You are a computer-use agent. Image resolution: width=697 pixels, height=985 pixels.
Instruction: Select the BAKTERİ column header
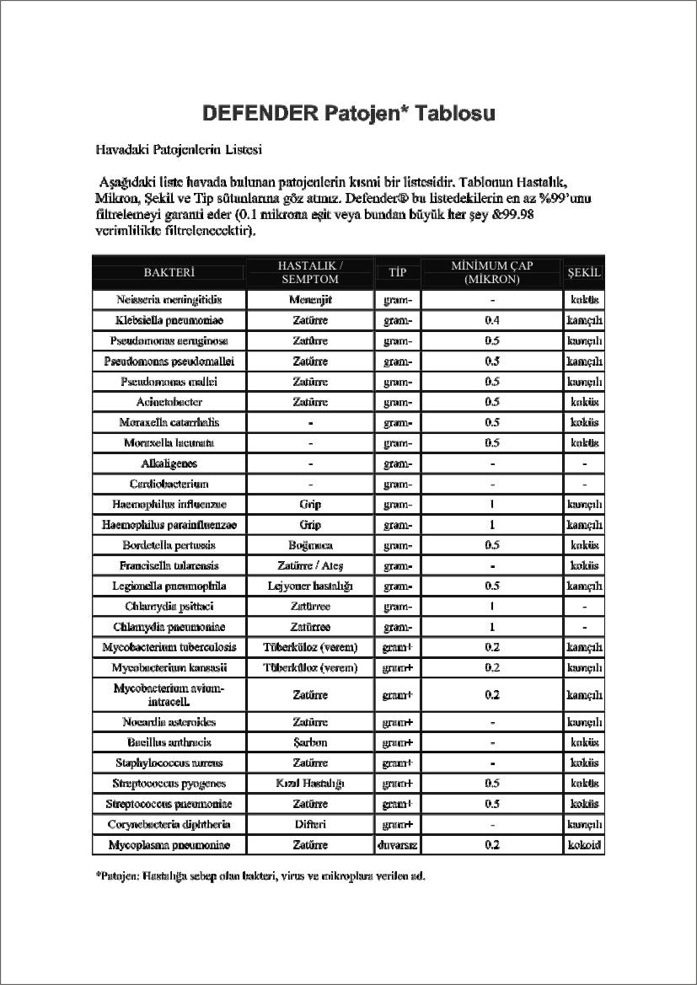(x=169, y=272)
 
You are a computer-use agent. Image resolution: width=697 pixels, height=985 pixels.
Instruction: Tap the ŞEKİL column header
(x=584, y=272)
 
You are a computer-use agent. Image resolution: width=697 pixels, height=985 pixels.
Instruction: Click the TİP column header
(x=397, y=272)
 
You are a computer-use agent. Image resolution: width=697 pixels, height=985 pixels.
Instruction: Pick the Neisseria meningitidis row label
(x=169, y=300)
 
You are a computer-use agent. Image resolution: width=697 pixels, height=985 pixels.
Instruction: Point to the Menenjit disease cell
(x=310, y=300)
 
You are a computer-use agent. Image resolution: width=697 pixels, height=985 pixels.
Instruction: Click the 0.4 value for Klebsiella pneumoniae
(x=492, y=321)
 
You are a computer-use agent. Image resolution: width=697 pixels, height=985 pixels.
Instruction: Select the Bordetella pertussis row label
(x=169, y=545)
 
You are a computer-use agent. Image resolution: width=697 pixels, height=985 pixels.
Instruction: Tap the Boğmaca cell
(x=310, y=545)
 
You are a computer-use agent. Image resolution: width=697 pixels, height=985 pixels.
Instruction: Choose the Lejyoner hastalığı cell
(x=310, y=586)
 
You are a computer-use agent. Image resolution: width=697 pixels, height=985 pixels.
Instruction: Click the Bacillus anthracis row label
(x=169, y=742)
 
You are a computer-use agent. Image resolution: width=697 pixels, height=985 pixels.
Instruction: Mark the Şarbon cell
(x=310, y=742)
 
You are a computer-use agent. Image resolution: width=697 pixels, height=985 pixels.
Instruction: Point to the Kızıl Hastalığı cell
(x=310, y=784)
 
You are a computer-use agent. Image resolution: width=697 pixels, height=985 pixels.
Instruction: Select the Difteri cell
(x=310, y=824)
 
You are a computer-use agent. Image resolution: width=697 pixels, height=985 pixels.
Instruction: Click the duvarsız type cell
(x=397, y=844)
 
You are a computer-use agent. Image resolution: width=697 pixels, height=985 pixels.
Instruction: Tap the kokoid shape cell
(x=584, y=844)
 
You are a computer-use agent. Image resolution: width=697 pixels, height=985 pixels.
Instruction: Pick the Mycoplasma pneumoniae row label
(x=169, y=844)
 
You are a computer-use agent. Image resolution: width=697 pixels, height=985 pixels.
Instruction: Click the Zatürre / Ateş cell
(x=310, y=565)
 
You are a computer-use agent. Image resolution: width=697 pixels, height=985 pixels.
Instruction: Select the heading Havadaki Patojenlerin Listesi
(x=179, y=150)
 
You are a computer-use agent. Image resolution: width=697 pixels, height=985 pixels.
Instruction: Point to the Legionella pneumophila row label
(x=169, y=586)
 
